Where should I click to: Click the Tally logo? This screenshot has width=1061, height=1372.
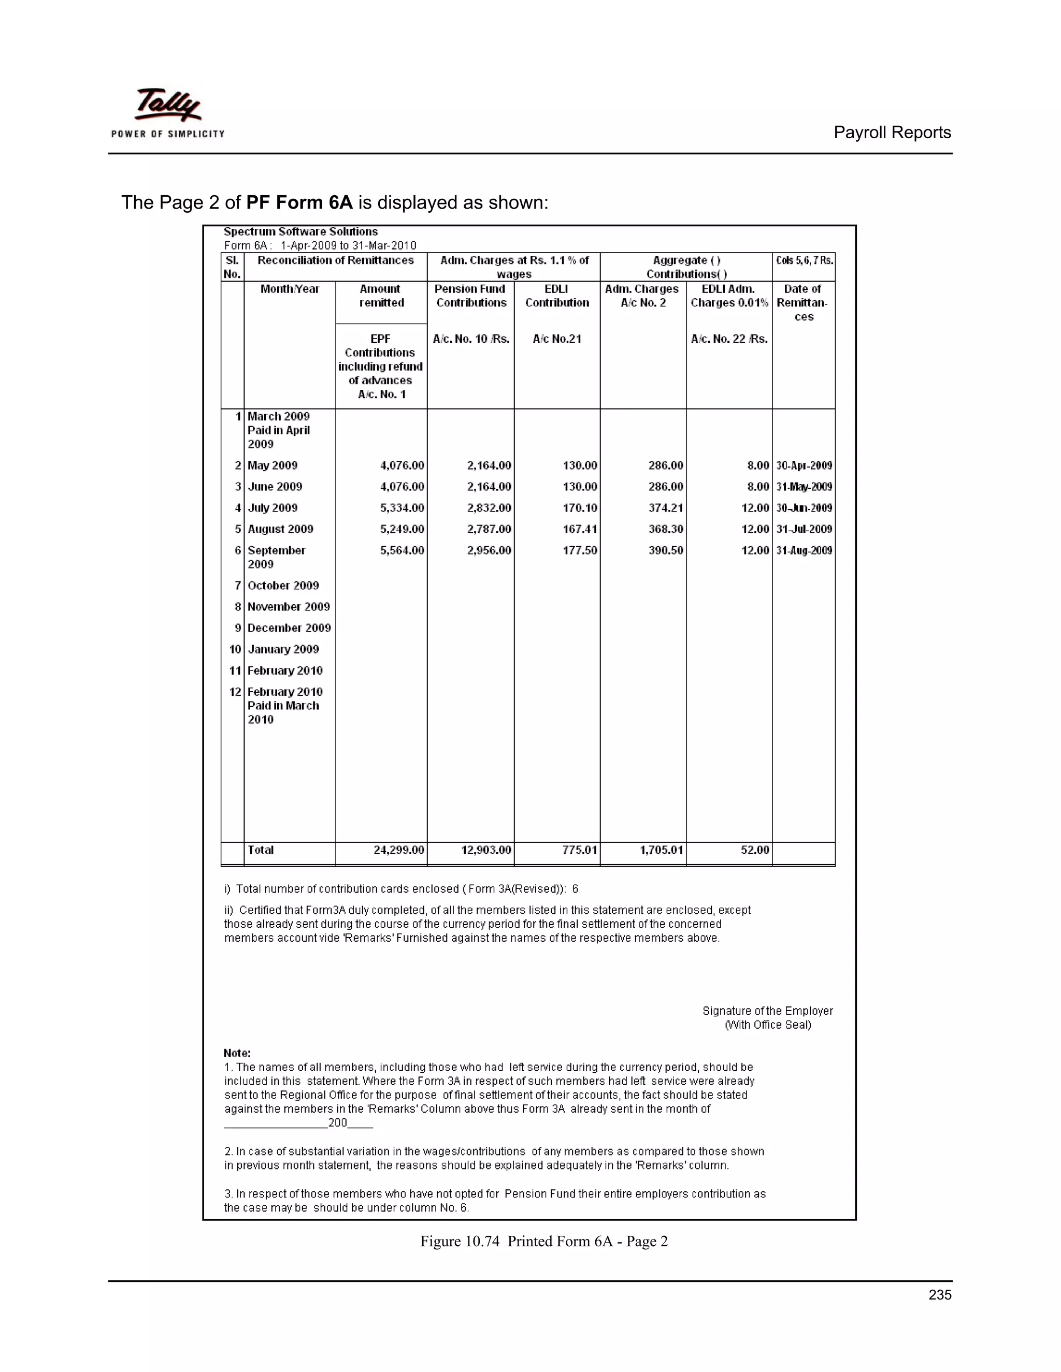coord(168,112)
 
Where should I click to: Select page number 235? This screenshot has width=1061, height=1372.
coord(940,1295)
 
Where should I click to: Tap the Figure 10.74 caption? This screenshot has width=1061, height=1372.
coord(543,1242)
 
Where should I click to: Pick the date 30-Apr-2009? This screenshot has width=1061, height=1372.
coord(804,465)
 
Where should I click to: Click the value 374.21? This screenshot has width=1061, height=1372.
coord(666,507)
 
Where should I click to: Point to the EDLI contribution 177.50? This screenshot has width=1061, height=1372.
coord(580,550)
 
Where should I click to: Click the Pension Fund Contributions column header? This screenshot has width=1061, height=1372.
coord(471,296)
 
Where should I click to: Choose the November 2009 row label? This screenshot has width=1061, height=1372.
coord(289,607)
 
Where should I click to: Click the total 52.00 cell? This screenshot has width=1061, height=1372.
coord(755,850)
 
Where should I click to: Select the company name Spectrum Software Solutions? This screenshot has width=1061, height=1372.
coord(300,232)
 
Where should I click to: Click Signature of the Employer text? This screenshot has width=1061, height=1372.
coord(767,1011)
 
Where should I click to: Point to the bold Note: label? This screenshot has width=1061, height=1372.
coord(237,1054)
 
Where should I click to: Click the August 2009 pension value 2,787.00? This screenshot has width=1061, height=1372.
coord(489,529)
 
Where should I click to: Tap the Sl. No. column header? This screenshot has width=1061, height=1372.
coord(232,267)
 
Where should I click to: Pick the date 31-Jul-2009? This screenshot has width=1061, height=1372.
coord(804,529)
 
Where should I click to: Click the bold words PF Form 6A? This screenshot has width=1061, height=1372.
coord(299,202)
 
